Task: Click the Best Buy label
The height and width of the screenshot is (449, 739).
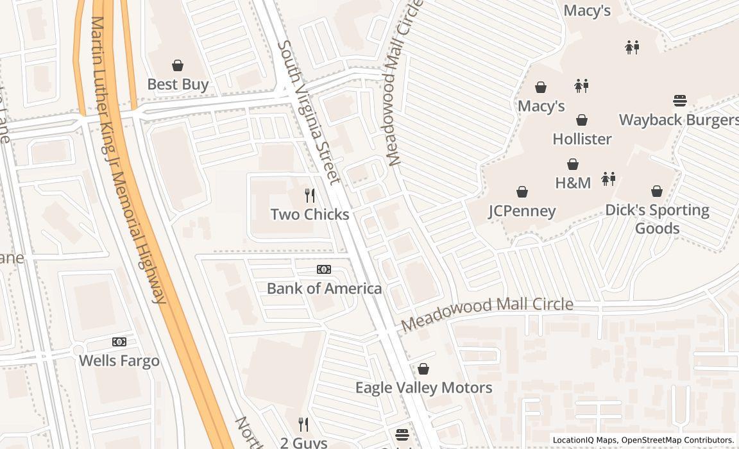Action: (178, 84)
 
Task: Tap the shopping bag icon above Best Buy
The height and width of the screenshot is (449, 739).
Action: (178, 65)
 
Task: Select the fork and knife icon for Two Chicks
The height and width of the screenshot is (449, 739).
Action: (310, 195)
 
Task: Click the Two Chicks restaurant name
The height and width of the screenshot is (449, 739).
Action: (310, 214)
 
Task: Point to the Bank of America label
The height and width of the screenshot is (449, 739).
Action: (324, 289)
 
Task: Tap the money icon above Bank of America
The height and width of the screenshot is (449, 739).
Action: (324, 269)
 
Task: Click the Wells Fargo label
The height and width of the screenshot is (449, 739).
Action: (119, 360)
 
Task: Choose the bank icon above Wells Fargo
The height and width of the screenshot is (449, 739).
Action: (119, 342)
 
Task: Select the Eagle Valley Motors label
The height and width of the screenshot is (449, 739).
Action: (423, 387)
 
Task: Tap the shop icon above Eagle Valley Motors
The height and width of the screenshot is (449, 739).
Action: (423, 369)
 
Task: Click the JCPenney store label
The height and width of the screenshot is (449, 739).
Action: (522, 211)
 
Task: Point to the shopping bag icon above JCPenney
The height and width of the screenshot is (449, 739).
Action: (522, 192)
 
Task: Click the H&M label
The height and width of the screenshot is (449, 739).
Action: (573, 183)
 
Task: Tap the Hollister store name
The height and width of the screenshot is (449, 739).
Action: (582, 139)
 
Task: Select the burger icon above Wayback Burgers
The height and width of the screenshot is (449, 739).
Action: (680, 101)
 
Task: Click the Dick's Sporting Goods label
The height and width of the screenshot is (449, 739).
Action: (657, 219)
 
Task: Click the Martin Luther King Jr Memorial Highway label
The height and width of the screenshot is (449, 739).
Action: (128, 160)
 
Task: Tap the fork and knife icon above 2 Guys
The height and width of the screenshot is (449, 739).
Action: (303, 424)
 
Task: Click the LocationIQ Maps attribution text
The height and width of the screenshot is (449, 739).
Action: (584, 440)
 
